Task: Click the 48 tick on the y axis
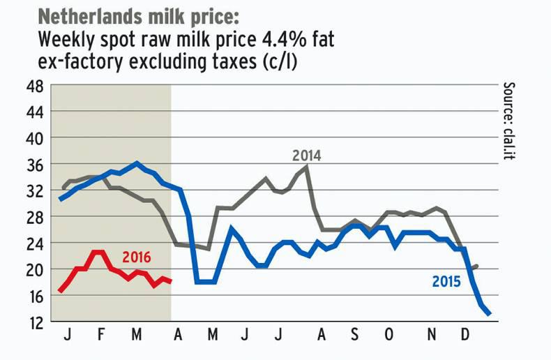coord(36,87)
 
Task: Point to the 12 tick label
coord(36,322)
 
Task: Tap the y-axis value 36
coord(36,165)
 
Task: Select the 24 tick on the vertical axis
coord(36,243)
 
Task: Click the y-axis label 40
coord(36,138)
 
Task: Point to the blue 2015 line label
coord(446,283)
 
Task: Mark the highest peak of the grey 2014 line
coord(307,166)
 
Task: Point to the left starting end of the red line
coord(60,290)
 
